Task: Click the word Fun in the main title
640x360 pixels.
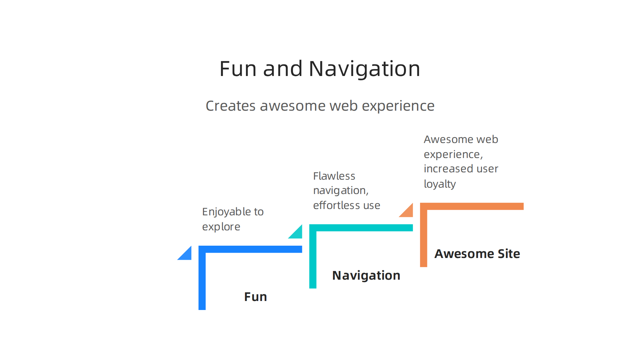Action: [238, 69]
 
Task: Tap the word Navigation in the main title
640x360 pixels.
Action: [364, 69]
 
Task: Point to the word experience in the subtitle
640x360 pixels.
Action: [398, 106]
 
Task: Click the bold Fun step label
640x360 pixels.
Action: [255, 297]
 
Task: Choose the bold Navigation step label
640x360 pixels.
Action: [366, 275]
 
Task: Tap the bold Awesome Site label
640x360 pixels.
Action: [477, 254]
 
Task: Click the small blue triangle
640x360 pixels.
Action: [187, 255]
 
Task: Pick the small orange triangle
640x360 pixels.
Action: [408, 212]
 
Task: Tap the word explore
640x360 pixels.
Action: [221, 227]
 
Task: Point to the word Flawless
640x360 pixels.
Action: [334, 176]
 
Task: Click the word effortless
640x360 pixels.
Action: [337, 205]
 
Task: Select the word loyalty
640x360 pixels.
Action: [440, 184]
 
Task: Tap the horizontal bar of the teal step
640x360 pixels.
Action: [363, 228]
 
